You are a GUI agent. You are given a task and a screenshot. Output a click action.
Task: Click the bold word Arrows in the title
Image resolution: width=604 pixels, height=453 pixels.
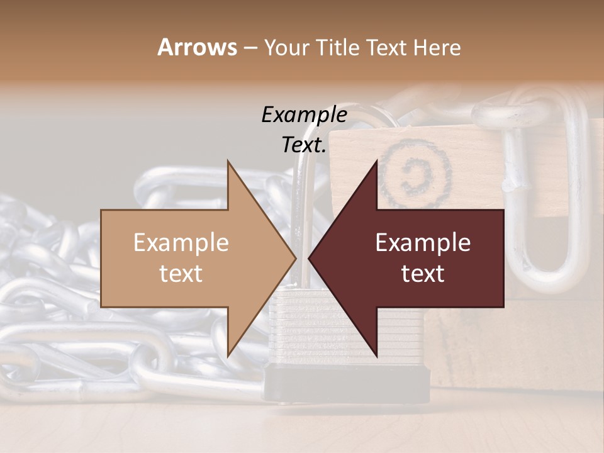tap(197, 47)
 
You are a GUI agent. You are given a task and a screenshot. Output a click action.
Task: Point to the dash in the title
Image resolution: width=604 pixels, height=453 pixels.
tap(250, 48)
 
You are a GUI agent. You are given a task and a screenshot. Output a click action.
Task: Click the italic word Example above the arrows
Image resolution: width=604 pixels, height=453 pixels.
tap(304, 115)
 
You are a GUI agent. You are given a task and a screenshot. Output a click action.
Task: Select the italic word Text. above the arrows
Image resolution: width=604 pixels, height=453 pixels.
tap(304, 145)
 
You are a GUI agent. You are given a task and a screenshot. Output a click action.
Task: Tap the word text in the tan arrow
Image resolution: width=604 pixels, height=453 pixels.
tap(181, 274)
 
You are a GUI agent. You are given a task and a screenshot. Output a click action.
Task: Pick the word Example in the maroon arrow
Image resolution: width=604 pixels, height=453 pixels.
tap(423, 243)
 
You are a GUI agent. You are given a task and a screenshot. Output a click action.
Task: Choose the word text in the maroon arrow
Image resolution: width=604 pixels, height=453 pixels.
tap(423, 274)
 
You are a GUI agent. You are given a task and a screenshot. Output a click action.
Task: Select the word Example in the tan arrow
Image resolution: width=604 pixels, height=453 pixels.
tap(181, 243)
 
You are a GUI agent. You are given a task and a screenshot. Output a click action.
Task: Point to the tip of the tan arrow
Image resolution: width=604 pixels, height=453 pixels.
tap(295, 258)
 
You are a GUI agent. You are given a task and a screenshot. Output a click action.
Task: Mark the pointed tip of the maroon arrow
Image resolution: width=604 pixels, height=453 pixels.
tap(310, 258)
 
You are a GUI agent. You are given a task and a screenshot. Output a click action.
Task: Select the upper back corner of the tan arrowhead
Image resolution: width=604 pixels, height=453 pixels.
tap(228, 162)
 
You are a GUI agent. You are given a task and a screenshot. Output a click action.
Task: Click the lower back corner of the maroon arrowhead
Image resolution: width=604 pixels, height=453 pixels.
tap(377, 355)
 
